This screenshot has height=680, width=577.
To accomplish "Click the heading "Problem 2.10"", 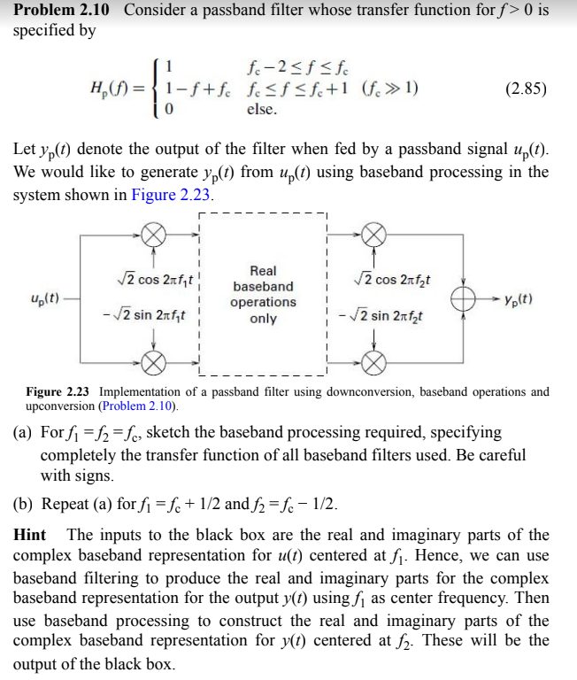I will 61,11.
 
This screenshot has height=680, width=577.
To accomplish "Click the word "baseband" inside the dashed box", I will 263,286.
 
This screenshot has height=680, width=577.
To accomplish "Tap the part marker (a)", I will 23,433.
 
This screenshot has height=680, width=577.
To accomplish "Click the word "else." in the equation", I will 262,110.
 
